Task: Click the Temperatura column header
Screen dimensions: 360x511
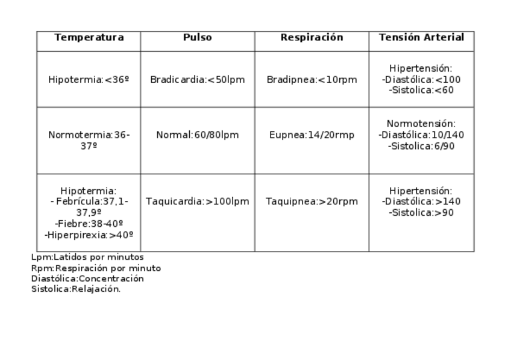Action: [89, 37]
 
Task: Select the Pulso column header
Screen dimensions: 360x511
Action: [197, 37]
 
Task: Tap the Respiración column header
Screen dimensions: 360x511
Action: [312, 37]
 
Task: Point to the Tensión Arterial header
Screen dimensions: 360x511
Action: [421, 37]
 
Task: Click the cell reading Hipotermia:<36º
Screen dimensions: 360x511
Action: [89, 80]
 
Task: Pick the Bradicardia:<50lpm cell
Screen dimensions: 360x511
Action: [197, 80]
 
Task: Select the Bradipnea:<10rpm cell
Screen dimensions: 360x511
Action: [312, 80]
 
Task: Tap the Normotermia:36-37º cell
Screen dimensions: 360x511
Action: [89, 141]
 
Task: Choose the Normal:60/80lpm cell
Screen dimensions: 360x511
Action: [197, 135]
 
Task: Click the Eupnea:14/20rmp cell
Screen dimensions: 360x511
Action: [312, 135]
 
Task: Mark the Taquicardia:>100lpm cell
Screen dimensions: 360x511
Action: [197, 201]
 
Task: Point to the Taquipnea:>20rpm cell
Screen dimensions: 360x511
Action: [312, 201]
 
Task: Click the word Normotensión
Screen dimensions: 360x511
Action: [421, 124]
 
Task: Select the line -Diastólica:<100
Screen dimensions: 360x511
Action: [421, 80]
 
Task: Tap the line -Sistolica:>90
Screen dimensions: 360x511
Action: [421, 213]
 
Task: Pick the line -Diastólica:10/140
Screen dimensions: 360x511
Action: [421, 135]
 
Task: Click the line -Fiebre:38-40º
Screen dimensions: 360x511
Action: [89, 224]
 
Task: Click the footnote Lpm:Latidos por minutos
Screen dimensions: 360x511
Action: [87, 257]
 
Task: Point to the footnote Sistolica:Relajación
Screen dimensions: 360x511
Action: [76, 289]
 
